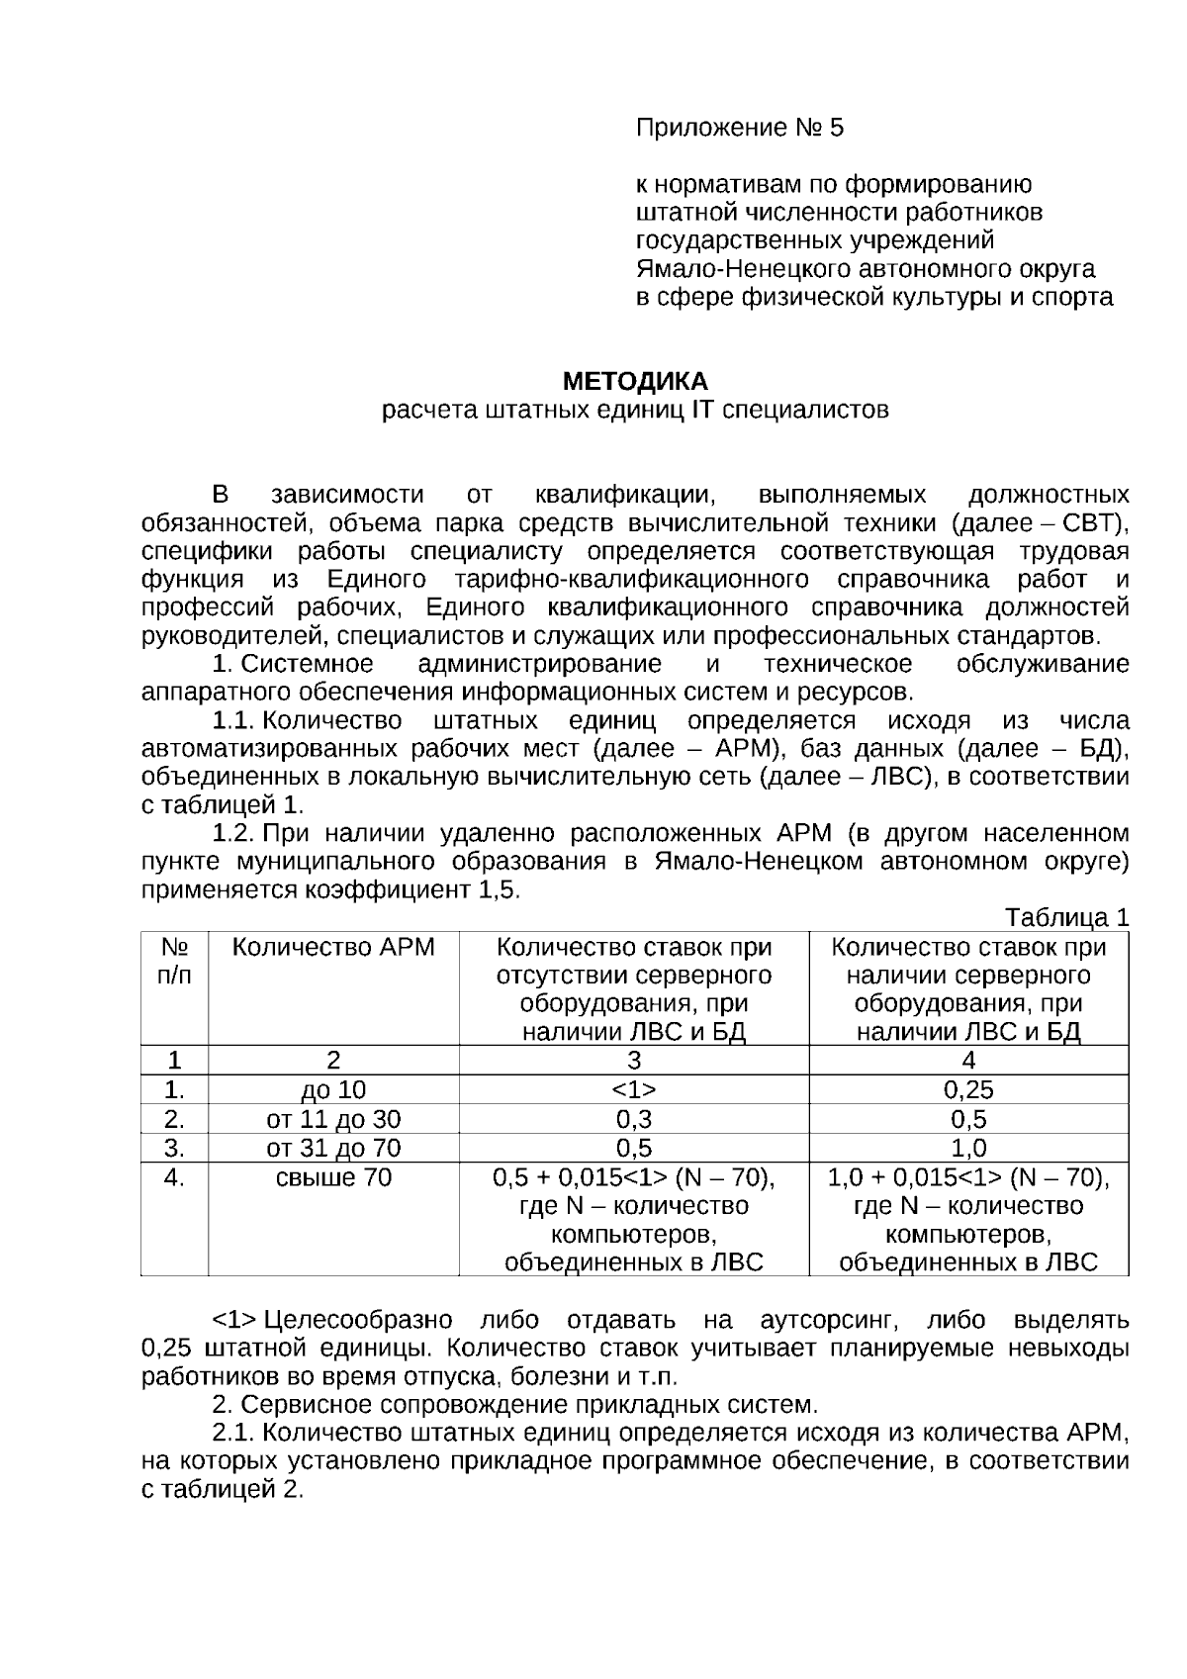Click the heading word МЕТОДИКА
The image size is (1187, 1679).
[x=635, y=381]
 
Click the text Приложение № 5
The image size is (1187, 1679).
[x=740, y=128]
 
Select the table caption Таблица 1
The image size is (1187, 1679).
[x=1066, y=917]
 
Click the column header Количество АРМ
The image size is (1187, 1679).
[x=333, y=947]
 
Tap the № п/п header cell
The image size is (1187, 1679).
[x=174, y=961]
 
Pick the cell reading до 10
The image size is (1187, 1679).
[x=333, y=1090]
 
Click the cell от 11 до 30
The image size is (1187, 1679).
[x=333, y=1119]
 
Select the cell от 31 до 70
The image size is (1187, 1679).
[x=333, y=1148]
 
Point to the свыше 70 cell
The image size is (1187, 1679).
[x=333, y=1177]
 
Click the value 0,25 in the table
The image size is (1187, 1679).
[x=968, y=1090]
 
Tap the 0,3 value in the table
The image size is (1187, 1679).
[x=634, y=1119]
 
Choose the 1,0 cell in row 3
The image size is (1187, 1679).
[x=968, y=1148]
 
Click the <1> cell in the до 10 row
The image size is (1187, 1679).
[x=634, y=1090]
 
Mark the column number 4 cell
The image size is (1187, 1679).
[x=968, y=1061]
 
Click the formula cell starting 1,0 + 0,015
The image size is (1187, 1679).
[x=968, y=1177]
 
